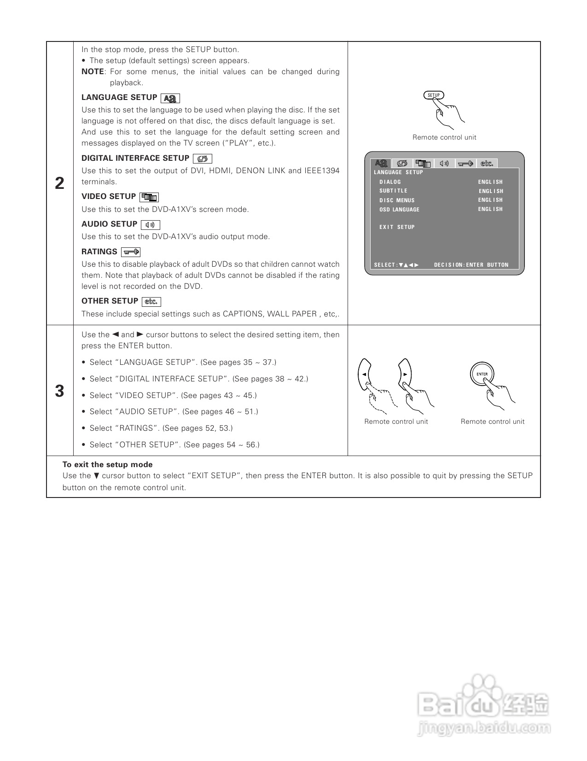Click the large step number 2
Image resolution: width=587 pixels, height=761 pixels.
(59, 183)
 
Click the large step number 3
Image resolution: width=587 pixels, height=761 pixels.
(59, 391)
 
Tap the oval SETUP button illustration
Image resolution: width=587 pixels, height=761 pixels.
(434, 95)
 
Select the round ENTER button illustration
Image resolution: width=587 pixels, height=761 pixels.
(482, 374)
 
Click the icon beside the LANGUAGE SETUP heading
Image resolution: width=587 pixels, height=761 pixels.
(170, 98)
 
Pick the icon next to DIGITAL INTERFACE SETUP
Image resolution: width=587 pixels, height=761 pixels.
(202, 159)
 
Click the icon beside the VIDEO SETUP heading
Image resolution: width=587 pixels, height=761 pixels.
(149, 198)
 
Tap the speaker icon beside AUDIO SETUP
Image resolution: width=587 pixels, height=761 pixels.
(150, 225)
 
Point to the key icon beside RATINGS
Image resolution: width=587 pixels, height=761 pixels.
(131, 252)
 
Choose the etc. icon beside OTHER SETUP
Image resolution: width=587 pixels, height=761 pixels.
(151, 302)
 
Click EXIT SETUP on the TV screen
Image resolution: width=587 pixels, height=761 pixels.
(397, 227)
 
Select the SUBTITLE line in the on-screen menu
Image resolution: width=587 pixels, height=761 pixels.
(393, 191)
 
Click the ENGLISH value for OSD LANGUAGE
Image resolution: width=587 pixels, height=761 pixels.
(490, 209)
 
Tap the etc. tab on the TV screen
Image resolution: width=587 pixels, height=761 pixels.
(487, 164)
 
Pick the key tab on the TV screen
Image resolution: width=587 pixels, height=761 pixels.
(465, 164)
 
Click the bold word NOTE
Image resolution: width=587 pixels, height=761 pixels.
(93, 71)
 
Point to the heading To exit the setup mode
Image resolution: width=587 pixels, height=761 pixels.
(107, 465)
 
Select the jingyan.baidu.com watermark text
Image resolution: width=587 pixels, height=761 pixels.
(484, 728)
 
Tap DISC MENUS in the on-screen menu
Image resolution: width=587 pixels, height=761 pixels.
(397, 200)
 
